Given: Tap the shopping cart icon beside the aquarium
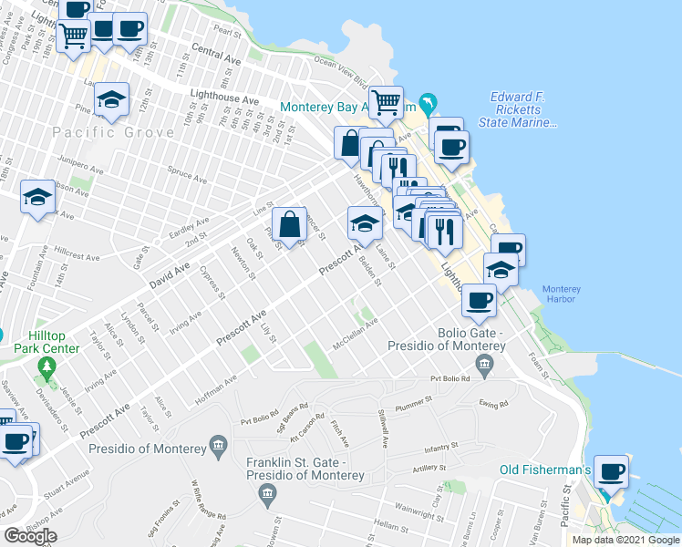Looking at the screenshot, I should (386, 101).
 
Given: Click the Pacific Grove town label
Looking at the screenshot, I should (113, 132).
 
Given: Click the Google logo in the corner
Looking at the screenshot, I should (30, 536).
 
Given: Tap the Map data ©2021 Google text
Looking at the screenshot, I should (625, 540).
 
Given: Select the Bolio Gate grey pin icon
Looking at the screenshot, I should (484, 366).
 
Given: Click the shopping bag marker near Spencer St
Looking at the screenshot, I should (289, 222).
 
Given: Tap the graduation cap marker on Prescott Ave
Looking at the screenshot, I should (365, 222).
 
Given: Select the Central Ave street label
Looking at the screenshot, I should (216, 55).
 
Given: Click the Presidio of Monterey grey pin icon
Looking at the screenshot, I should (218, 445).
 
